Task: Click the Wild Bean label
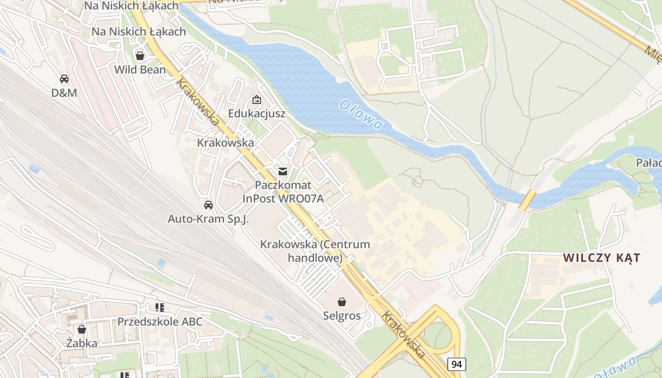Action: click(x=140, y=70)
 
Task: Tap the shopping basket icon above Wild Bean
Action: click(x=140, y=56)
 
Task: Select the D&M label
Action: click(x=64, y=93)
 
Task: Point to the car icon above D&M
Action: click(x=64, y=79)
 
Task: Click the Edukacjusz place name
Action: click(x=257, y=113)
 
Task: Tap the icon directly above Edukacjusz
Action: click(x=257, y=100)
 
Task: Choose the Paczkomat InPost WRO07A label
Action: click(x=283, y=192)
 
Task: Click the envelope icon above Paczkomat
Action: click(x=283, y=172)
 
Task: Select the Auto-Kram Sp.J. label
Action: click(x=208, y=219)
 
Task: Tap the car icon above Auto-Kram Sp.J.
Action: click(x=208, y=205)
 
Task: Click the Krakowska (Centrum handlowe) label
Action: click(x=315, y=251)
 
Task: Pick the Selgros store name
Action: click(x=342, y=316)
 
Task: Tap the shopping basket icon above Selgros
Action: click(x=342, y=301)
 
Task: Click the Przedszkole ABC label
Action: click(x=160, y=322)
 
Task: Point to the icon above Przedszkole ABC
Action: click(x=160, y=308)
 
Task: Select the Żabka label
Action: click(x=82, y=343)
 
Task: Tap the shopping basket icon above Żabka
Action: click(x=82, y=329)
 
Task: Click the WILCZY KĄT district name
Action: click(x=601, y=258)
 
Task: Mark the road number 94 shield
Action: click(x=456, y=364)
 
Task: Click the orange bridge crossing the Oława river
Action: click(x=527, y=200)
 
